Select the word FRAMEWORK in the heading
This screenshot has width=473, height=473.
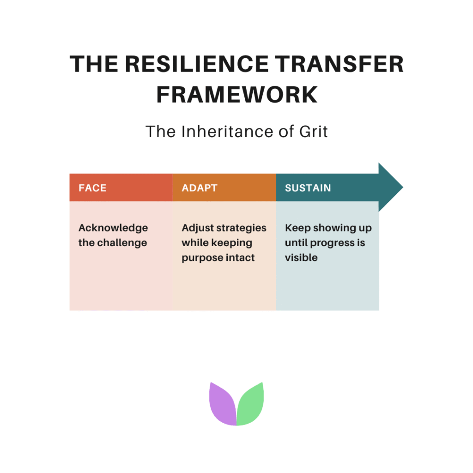pos(236,95)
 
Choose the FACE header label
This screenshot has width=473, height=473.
pos(92,188)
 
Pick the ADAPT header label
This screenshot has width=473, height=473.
pos(200,188)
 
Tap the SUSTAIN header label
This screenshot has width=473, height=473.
pos(308,188)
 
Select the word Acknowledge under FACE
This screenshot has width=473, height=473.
pos(113,228)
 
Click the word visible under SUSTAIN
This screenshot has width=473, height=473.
pos(301,258)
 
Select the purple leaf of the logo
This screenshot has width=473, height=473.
pos(223,403)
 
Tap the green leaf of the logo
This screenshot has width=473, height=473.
pos(250,403)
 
